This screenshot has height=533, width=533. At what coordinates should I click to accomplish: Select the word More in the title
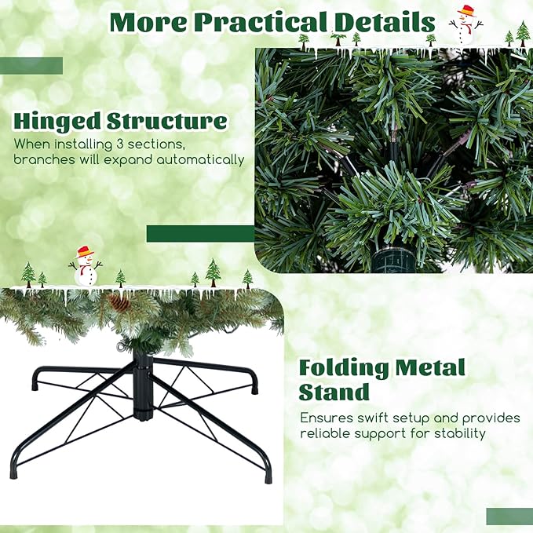148,22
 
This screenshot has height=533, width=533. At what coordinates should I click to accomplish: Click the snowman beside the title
466,25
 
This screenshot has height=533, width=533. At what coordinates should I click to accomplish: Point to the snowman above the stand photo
85,266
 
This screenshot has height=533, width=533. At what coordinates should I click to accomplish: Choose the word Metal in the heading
430,368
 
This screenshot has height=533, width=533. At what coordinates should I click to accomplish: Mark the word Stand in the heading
334,392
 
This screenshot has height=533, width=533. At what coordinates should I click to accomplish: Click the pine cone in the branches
119,302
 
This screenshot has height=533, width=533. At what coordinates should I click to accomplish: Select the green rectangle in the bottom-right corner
509,516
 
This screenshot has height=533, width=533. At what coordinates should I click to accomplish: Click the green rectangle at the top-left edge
31,66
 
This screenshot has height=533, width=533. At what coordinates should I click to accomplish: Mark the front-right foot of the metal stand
268,476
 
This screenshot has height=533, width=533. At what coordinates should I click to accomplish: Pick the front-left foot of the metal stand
13,472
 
